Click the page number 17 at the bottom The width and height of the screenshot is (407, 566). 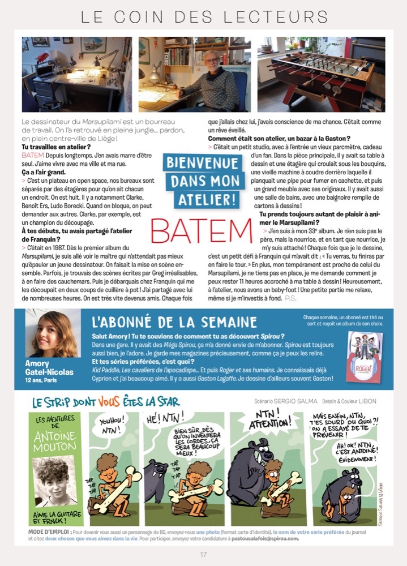click(x=203, y=554)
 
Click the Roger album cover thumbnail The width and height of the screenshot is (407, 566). click(x=364, y=357)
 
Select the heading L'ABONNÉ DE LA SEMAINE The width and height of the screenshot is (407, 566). click(x=174, y=322)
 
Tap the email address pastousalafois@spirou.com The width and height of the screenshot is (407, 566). click(x=265, y=539)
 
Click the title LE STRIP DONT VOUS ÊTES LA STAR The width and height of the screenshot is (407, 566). click(x=105, y=403)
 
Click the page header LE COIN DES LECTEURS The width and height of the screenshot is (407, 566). click(x=204, y=16)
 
